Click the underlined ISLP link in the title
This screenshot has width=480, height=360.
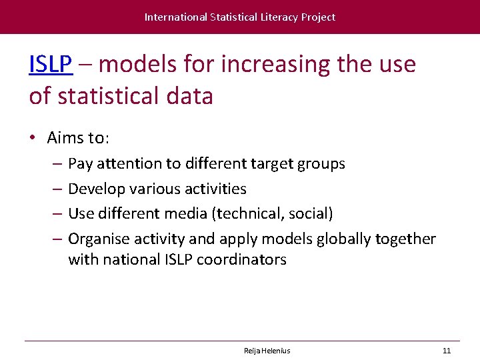pos(51,65)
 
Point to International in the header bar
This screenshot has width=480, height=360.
pos(175,17)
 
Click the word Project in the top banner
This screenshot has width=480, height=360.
pos(318,17)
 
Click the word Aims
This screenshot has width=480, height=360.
pos(64,138)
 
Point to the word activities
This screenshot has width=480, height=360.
pos(213,189)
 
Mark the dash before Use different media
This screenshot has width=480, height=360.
pos(57,213)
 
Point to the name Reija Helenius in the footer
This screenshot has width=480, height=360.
pos(267,351)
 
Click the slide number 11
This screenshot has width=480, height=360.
pos(447,351)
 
